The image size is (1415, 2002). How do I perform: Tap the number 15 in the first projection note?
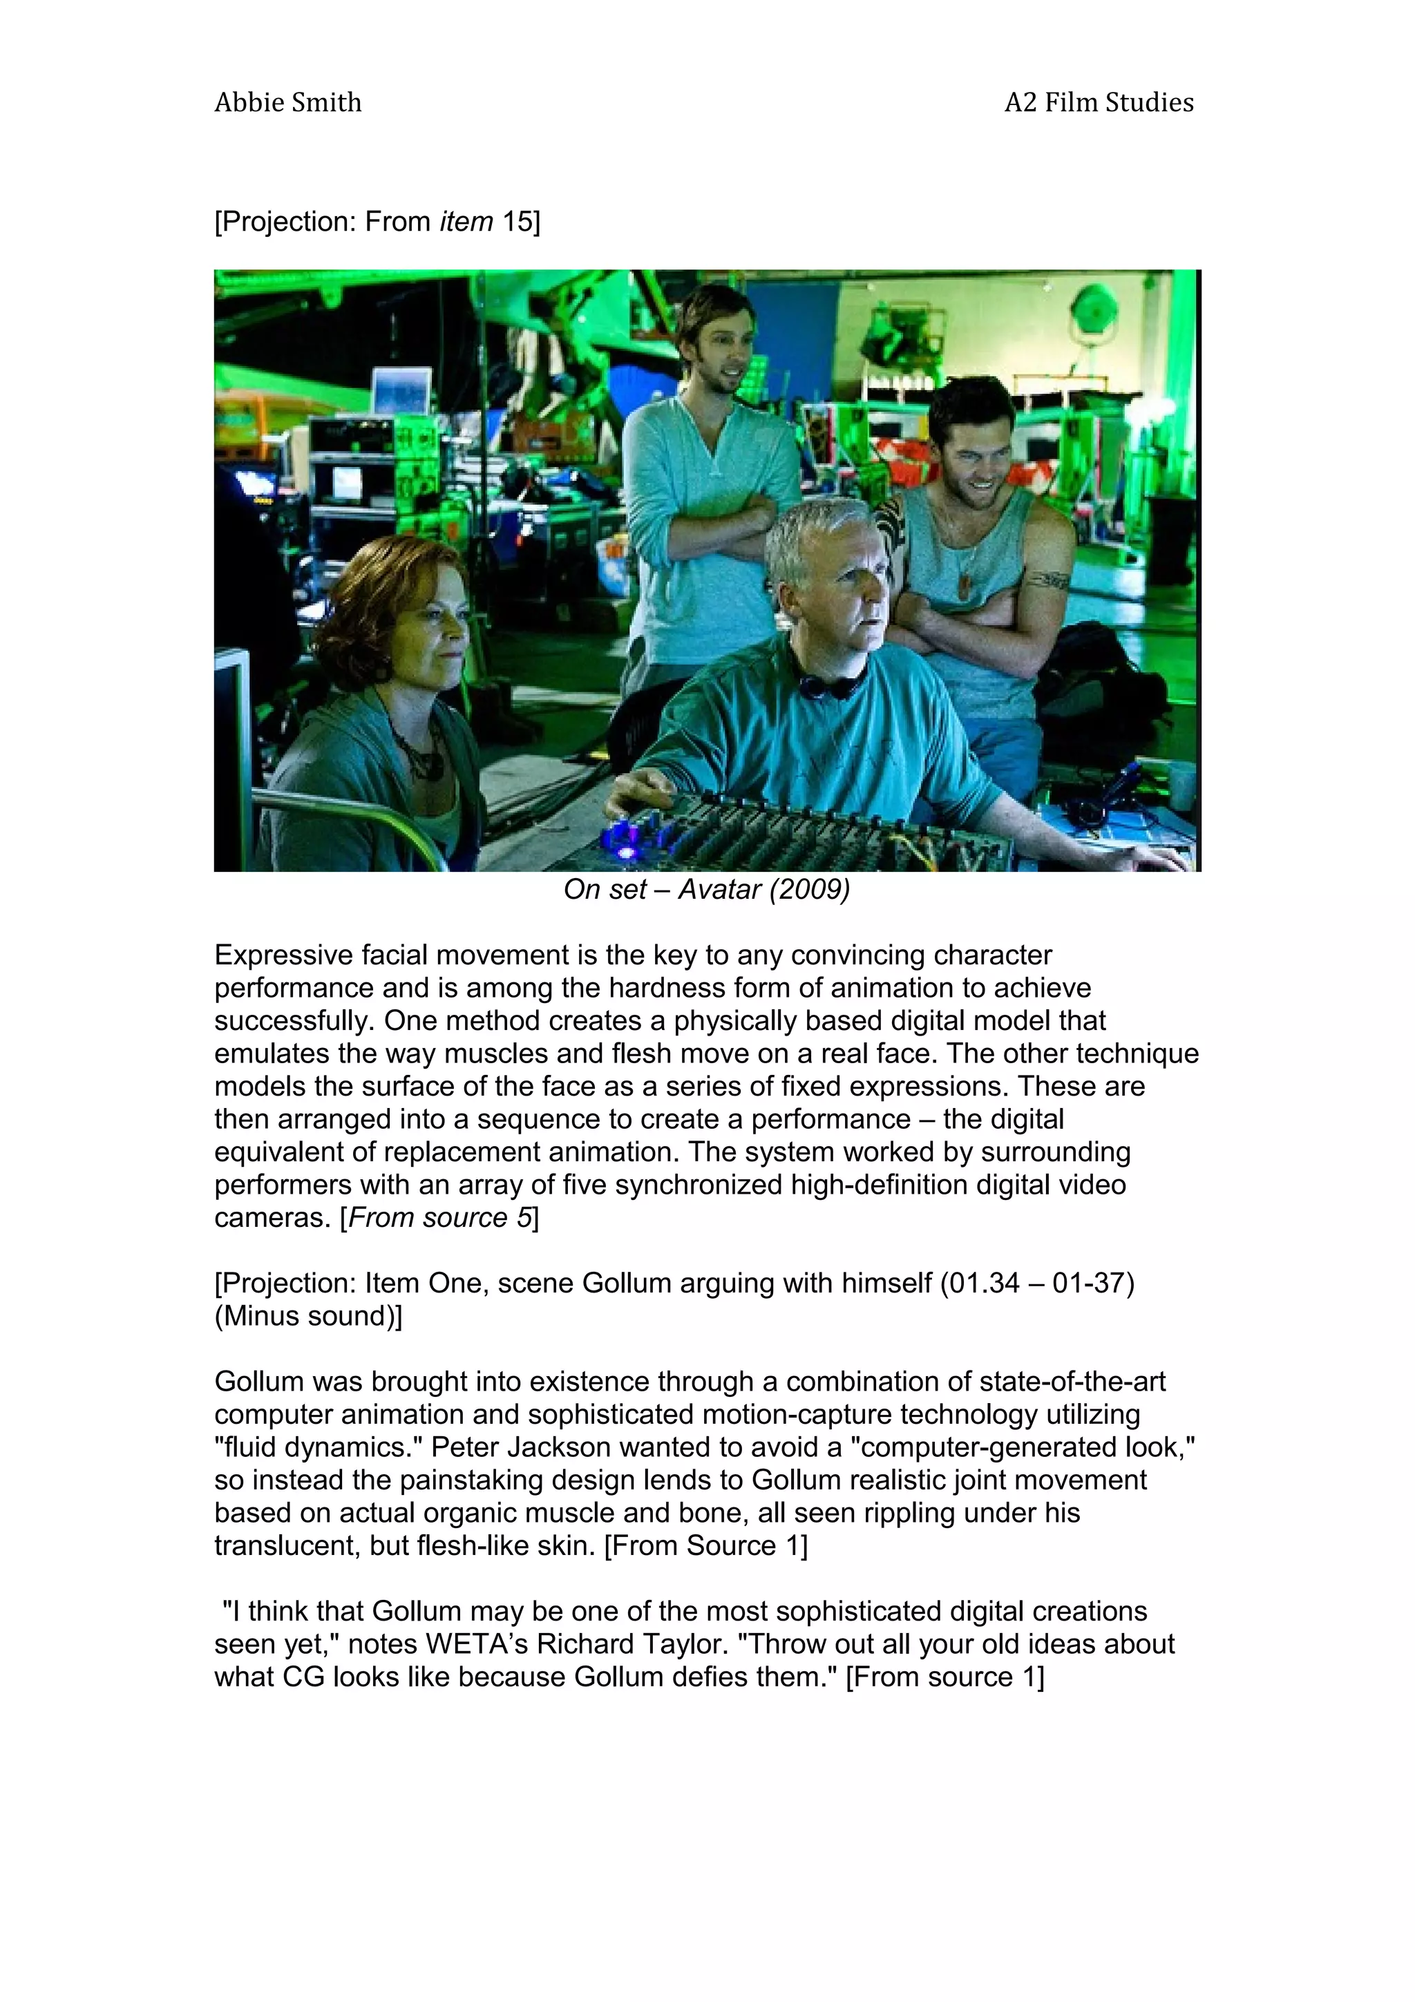517,222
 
